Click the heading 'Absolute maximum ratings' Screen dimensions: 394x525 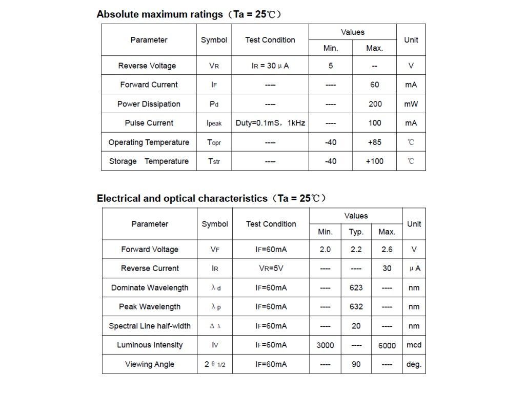click(159, 14)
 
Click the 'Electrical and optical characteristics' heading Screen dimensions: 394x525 click(182, 198)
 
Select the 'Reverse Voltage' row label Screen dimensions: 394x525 click(147, 66)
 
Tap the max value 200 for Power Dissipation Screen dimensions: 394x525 click(375, 104)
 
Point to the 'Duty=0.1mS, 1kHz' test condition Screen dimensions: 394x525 click(270, 123)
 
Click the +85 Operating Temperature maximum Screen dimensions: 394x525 click(375, 142)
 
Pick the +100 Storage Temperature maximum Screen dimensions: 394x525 click(375, 161)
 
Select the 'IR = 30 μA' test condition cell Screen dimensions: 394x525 click(270, 66)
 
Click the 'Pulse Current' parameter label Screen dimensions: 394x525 click(149, 123)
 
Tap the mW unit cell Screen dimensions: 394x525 click(411, 104)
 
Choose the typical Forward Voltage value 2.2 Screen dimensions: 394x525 click(356, 250)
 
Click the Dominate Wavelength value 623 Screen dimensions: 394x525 click(356, 287)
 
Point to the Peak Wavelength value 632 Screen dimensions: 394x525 click(356, 307)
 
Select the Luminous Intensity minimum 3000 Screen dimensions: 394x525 click(325, 345)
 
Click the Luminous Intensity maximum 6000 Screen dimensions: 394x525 click(387, 345)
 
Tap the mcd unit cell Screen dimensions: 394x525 click(414, 345)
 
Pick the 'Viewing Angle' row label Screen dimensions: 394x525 click(150, 364)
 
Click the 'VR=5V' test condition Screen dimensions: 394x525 click(271, 268)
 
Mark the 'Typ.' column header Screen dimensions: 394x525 click(356, 232)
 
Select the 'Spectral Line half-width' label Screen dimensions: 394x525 click(150, 326)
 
